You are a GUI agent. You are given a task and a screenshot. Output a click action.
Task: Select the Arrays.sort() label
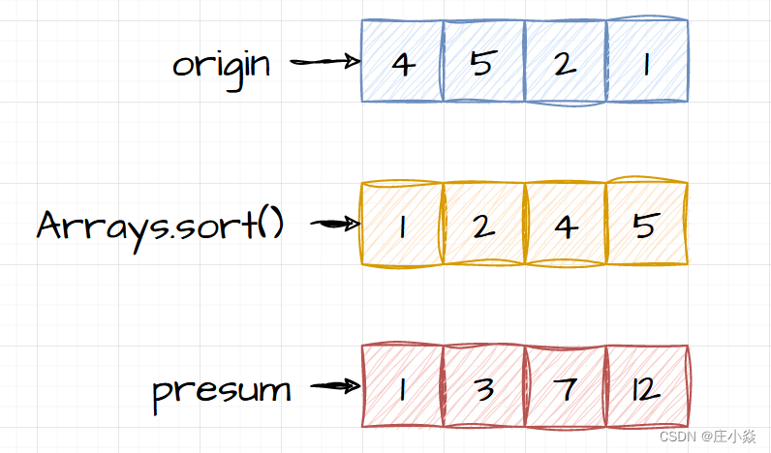coord(160,225)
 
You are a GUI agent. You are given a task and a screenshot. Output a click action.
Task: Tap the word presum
coord(222,390)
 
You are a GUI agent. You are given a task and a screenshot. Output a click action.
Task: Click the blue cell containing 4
coord(402,61)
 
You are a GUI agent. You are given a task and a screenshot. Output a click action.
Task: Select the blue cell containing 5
coord(483,61)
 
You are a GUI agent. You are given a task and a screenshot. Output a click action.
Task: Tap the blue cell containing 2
coord(565,61)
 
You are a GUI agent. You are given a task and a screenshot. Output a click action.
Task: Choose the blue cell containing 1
coord(647,61)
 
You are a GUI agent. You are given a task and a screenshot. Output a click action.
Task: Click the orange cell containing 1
coord(402,224)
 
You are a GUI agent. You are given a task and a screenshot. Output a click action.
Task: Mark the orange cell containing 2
coord(483,224)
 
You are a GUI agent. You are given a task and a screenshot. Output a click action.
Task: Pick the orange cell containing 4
coord(565,224)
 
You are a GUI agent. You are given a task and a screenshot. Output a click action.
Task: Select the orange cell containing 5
coord(647,224)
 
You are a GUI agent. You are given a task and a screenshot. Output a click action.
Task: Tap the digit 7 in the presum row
coord(565,388)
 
